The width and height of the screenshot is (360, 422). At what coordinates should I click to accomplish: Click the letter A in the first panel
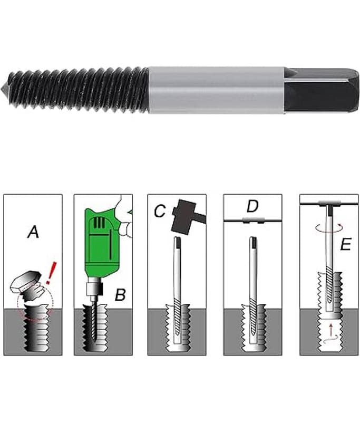tap(33, 232)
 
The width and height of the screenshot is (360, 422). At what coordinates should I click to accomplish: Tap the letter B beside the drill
tap(120, 294)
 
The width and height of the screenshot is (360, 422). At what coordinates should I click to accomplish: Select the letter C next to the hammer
tap(160, 211)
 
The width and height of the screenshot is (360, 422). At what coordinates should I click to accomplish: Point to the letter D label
tap(252, 206)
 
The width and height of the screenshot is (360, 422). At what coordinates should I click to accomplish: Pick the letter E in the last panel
tap(346, 245)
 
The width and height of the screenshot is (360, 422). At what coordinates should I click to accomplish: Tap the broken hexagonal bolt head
tap(25, 282)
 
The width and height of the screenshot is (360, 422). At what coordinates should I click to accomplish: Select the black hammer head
tap(183, 216)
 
